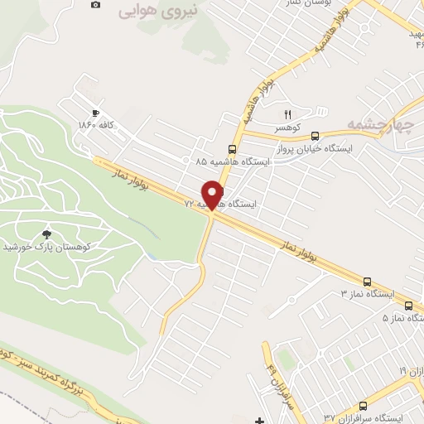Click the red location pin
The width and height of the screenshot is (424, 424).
[214, 194]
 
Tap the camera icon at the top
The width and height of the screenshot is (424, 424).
[96, 5]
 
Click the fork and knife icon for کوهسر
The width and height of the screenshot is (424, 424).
[288, 114]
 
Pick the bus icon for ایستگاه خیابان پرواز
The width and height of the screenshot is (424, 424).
[336, 148]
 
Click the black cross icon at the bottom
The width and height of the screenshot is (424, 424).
[260, 421]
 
